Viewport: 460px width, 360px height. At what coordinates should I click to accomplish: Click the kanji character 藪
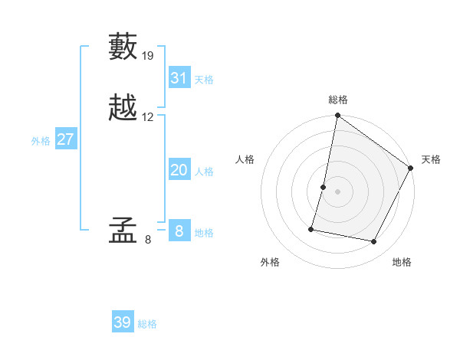124,48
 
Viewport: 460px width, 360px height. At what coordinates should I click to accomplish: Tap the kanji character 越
124,108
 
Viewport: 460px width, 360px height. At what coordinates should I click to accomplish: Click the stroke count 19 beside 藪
148,56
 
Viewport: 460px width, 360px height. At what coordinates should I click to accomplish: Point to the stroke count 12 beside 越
148,117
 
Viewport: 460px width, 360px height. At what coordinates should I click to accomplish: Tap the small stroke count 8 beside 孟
148,240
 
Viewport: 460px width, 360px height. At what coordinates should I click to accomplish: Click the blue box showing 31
179,78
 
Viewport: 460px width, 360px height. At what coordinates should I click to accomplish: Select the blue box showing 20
179,170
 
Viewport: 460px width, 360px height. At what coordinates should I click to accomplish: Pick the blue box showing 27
65,139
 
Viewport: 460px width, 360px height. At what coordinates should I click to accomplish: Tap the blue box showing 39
123,322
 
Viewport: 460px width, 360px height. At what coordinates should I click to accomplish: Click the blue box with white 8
179,231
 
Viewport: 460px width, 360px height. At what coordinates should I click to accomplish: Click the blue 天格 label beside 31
204,80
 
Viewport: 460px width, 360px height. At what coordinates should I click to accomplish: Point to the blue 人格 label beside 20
204,172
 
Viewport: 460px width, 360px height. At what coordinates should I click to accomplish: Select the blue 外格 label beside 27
41,141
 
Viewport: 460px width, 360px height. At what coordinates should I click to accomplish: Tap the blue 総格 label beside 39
147,324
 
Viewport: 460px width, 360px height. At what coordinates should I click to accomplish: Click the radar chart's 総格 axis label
338,100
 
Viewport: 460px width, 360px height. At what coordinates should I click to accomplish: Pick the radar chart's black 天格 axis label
431,159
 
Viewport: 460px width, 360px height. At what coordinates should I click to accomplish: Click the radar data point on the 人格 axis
324,187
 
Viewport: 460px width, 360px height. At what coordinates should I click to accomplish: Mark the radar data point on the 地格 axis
374,241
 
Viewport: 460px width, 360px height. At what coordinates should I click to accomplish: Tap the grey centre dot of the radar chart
338,191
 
